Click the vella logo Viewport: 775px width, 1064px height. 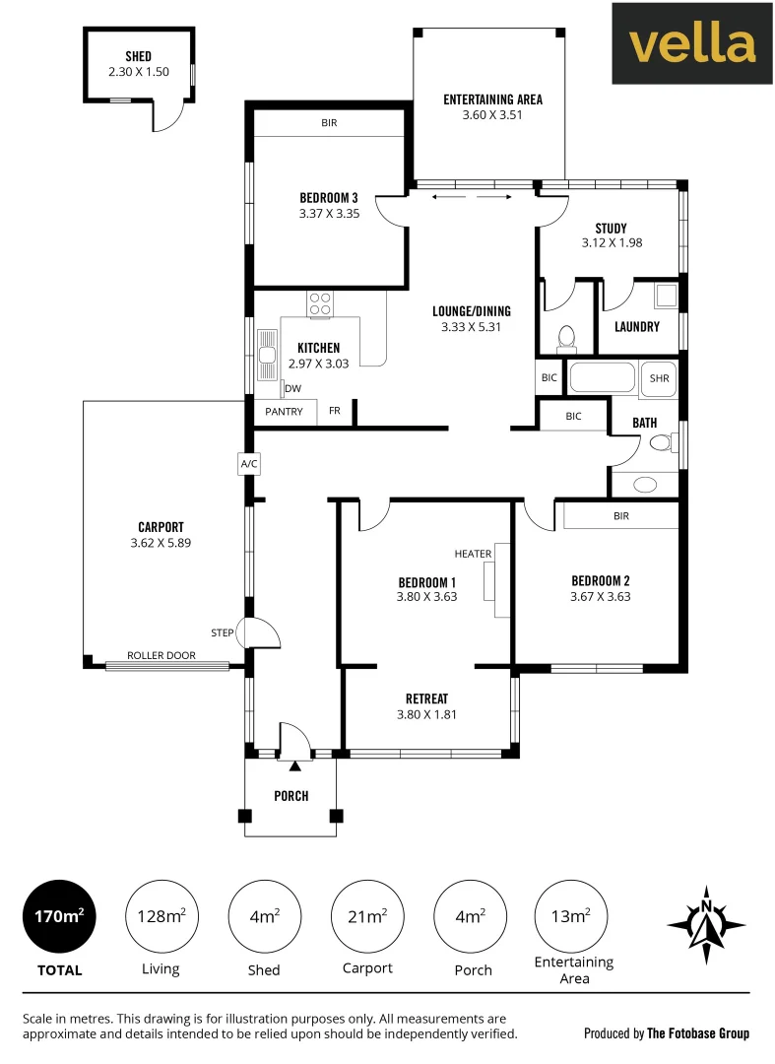(x=692, y=43)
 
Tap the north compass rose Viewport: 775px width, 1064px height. (x=705, y=925)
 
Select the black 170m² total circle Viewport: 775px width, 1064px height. (x=60, y=917)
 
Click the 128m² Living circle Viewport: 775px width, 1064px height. (x=161, y=917)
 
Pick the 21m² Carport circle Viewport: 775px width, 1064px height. (x=366, y=917)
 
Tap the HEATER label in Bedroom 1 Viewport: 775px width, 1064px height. (x=473, y=554)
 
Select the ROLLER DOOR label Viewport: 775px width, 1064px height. (x=161, y=655)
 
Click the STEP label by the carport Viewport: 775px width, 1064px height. (x=222, y=632)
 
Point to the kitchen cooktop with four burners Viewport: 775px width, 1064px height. (x=320, y=303)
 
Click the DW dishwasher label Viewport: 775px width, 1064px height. (x=292, y=388)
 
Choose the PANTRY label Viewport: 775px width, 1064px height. (x=284, y=411)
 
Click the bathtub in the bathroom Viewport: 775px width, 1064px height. (x=604, y=379)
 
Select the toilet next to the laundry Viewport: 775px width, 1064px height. (x=566, y=338)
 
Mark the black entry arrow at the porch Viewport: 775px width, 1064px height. (x=294, y=765)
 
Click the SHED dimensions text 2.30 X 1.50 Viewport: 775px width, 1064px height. (x=139, y=72)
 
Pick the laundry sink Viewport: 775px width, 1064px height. (x=666, y=296)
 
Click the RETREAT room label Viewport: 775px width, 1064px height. (x=426, y=698)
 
